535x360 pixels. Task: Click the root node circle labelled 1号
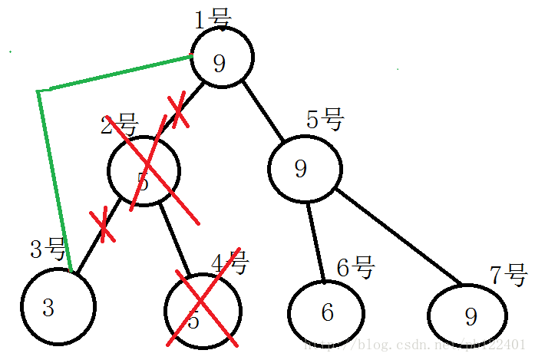click(221, 59)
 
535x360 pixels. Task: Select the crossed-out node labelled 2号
click(144, 171)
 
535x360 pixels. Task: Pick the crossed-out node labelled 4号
click(203, 310)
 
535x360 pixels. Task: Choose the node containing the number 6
click(325, 312)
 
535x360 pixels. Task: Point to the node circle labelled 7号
click(467, 315)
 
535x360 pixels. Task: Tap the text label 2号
click(118, 124)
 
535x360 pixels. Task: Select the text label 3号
click(48, 248)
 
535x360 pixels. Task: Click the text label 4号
click(230, 263)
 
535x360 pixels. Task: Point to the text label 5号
click(324, 120)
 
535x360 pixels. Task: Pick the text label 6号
click(355, 268)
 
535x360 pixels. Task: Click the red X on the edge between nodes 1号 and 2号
click(177, 111)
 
